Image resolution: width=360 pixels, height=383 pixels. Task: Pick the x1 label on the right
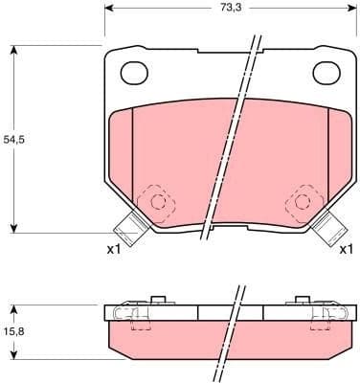(x=347, y=250)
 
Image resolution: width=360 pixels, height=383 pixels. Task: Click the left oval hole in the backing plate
(x=132, y=71)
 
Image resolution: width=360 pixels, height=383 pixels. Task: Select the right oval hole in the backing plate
(x=326, y=71)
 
